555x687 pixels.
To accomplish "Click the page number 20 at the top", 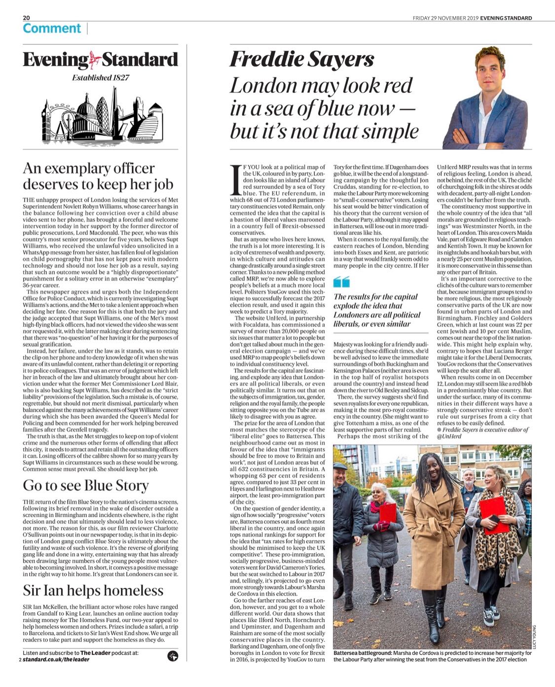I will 26,18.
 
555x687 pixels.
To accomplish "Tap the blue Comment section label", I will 51,29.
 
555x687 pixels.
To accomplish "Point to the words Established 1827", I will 101,77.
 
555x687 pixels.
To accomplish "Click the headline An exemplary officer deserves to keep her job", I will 98,176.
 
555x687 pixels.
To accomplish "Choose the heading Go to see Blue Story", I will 86,485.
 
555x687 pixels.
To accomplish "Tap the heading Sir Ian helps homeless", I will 93,590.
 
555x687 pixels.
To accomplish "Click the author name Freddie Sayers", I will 302,60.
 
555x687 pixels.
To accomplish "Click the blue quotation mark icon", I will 341,282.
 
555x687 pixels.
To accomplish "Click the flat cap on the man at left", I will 340,466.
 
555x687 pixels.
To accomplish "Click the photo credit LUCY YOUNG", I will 534,637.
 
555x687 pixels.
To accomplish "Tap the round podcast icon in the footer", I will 173,655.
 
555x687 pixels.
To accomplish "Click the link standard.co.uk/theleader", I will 56,659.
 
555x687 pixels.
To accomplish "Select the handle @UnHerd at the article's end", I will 449,436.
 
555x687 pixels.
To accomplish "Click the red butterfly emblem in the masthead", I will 95,60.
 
